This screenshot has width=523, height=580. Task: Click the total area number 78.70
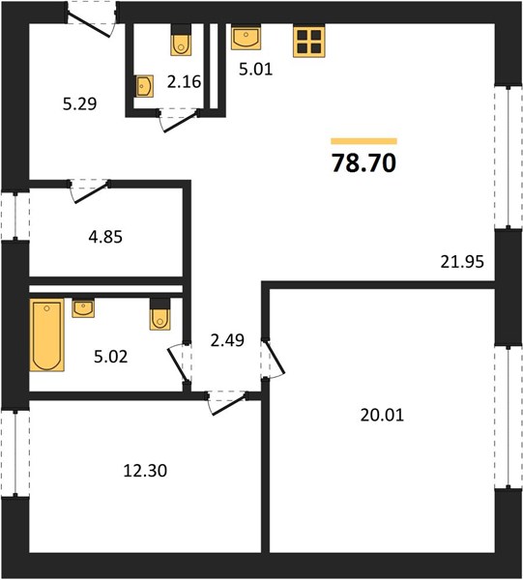(x=363, y=163)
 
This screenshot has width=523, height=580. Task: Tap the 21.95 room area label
(x=462, y=262)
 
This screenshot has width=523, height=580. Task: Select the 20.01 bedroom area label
(x=382, y=415)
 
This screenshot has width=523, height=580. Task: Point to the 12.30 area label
(x=145, y=471)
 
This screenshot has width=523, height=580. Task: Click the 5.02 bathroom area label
(x=110, y=357)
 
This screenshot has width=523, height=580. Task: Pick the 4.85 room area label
(x=105, y=237)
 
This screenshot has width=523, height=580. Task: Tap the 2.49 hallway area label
(x=227, y=340)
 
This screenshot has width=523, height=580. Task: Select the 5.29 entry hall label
(x=79, y=104)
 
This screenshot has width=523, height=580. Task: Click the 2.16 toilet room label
(x=184, y=82)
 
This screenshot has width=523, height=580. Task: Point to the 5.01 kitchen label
(x=255, y=70)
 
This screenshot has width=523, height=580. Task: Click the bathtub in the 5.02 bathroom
(x=46, y=334)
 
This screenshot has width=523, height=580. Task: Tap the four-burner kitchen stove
(x=308, y=41)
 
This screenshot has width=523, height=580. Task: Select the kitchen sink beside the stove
(x=246, y=37)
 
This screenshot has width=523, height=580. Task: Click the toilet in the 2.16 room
(x=181, y=40)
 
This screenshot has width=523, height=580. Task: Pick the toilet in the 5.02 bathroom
(x=160, y=314)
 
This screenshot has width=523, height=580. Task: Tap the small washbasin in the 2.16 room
(x=145, y=86)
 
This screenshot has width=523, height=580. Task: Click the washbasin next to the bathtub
(x=83, y=308)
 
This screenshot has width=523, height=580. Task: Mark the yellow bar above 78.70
(x=363, y=141)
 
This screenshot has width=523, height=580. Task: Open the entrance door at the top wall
(x=91, y=21)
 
